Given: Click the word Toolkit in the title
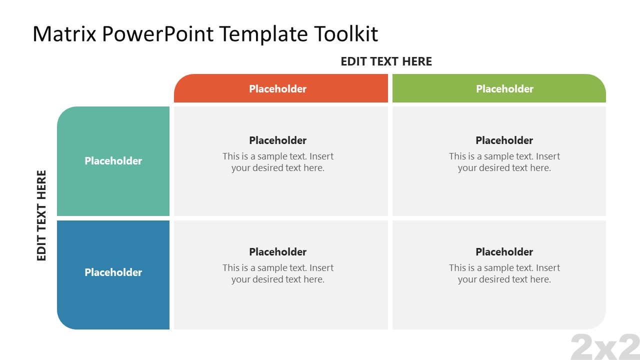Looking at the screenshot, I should tap(346, 34).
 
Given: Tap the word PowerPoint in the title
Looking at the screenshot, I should tap(159, 34).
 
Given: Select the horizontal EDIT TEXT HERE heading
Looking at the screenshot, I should tap(386, 61).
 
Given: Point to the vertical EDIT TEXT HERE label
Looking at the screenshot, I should tap(41, 215).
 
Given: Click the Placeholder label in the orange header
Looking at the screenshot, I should tap(277, 89).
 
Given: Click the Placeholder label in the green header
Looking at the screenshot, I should tap(504, 89).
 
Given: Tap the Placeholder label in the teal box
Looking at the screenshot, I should tap(113, 161).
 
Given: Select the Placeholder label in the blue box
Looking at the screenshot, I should tap(113, 272).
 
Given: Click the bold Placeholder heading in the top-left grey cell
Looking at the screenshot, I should tap(277, 140).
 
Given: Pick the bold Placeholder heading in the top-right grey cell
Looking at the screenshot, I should tap(504, 140).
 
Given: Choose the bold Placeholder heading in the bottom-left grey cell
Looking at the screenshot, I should tap(277, 252).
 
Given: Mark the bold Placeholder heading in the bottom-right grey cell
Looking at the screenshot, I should tap(504, 252).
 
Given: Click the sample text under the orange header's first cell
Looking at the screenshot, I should tap(278, 162).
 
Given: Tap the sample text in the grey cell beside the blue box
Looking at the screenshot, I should tap(278, 274).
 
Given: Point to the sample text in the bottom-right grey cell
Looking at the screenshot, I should tap(504, 274).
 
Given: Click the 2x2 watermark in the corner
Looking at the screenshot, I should tap(605, 347).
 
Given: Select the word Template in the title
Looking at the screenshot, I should tap(265, 34).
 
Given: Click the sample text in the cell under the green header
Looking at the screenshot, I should tap(504, 162).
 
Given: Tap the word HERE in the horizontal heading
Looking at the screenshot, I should tap(416, 61).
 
